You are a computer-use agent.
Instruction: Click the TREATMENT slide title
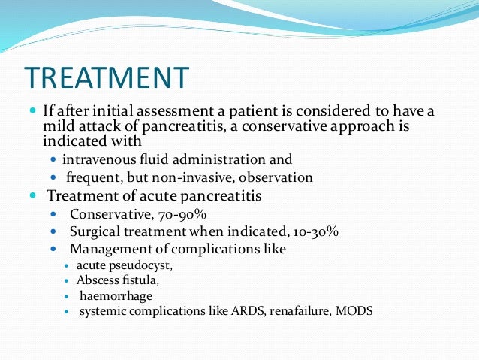pyautogui.click(x=107, y=78)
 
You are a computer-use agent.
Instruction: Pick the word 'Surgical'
pyautogui.click(x=94, y=231)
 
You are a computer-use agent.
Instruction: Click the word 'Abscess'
pyautogui.click(x=97, y=280)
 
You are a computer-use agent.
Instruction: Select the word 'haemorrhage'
pyautogui.click(x=112, y=295)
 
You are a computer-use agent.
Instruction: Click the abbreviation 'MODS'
pyautogui.click(x=357, y=310)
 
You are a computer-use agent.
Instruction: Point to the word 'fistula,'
pyautogui.click(x=138, y=280)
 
